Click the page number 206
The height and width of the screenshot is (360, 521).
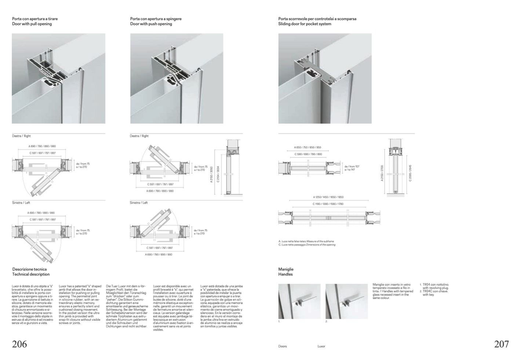pos(19,344)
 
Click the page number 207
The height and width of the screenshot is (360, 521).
pos(501,344)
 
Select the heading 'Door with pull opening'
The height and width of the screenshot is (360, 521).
pos(32,24)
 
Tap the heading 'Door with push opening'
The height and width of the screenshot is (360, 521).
pos(151,24)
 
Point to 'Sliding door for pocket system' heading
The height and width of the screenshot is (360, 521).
pos(305,24)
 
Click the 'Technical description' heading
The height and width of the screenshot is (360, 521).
pos(31,274)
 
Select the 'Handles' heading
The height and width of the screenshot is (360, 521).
pos(285,274)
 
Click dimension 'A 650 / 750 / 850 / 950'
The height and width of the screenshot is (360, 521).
pos(307,148)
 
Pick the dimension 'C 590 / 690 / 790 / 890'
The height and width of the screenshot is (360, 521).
pos(308,154)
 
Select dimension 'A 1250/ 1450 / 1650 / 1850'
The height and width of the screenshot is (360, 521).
pos(328,197)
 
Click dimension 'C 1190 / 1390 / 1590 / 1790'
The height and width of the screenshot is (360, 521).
pos(328,204)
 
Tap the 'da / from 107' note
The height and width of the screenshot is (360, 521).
pos(352,167)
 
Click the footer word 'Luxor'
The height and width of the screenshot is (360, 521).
pos(321,346)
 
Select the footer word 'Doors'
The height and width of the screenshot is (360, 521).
pos(283,346)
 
